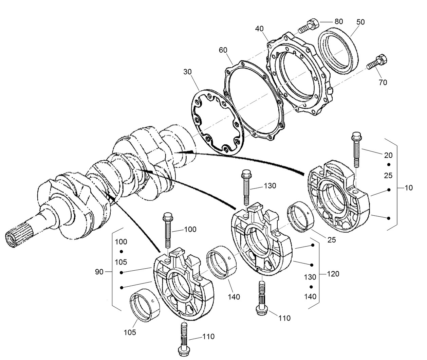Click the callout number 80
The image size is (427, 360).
pyautogui.click(x=338, y=21)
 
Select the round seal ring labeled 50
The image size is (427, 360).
pyautogui.click(x=338, y=50)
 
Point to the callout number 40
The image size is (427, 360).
pyautogui.click(x=259, y=29)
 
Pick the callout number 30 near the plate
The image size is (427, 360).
pyautogui.click(x=188, y=72)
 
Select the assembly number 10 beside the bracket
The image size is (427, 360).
pyautogui.click(x=409, y=187)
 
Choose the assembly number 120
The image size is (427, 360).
pyautogui.click(x=333, y=274)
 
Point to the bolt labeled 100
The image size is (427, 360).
pyautogui.click(x=168, y=230)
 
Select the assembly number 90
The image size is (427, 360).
pyautogui.click(x=99, y=272)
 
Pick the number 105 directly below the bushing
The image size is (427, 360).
pyautogui.click(x=129, y=332)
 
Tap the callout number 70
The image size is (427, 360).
pyautogui.click(x=383, y=82)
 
